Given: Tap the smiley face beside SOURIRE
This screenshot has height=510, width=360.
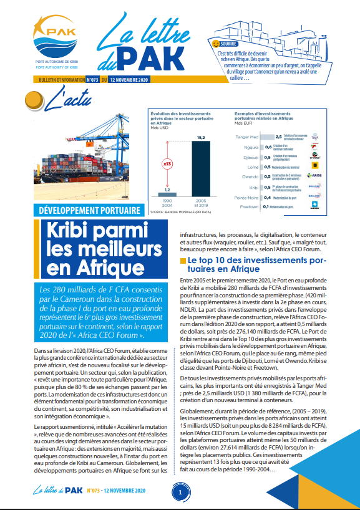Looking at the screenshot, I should tap(216, 44).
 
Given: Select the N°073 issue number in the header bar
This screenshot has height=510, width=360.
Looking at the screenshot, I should tap(92, 80).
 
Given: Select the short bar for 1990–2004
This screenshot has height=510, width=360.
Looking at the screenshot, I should tap(167, 194).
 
